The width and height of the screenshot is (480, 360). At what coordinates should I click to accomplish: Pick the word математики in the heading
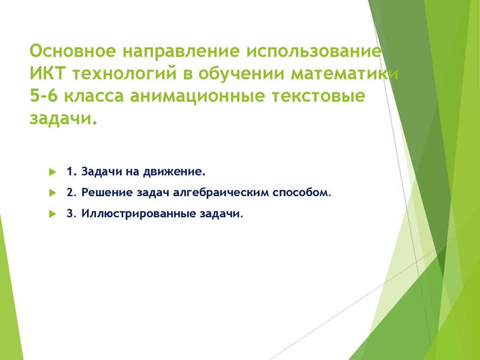344,74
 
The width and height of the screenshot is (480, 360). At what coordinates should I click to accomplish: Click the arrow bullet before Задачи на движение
52,172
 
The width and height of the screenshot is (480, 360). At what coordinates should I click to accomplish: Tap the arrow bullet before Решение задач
52,193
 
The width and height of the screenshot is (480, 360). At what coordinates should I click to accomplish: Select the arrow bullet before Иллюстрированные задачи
52,214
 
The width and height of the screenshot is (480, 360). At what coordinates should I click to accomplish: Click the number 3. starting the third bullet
70,214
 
